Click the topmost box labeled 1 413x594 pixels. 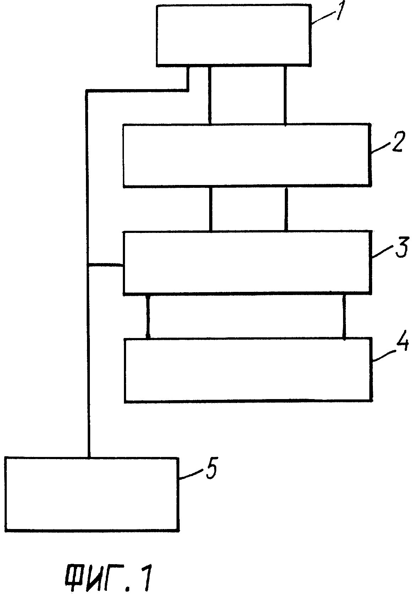click(x=233, y=35)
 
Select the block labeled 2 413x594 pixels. click(x=247, y=156)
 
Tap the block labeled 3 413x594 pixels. click(x=247, y=262)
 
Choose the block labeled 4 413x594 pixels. click(x=249, y=370)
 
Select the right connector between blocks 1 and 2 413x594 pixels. click(x=285, y=95)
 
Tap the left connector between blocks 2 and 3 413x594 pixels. click(x=211, y=209)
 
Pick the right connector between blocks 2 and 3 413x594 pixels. click(x=286, y=209)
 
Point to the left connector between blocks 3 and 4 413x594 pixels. click(x=148, y=316)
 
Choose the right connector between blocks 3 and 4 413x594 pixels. click(x=344, y=316)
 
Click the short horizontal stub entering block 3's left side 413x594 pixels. click(x=105, y=265)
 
